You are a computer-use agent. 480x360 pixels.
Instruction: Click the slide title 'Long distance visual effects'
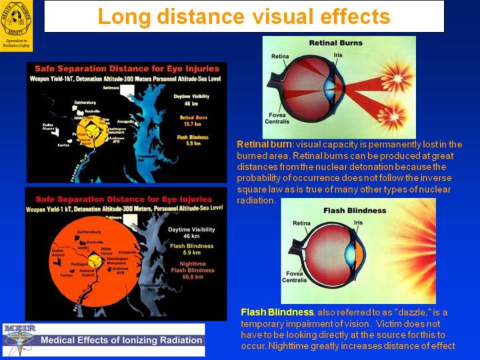coord(243,16)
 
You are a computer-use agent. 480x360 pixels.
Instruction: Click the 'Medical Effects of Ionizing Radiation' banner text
coord(122,340)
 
